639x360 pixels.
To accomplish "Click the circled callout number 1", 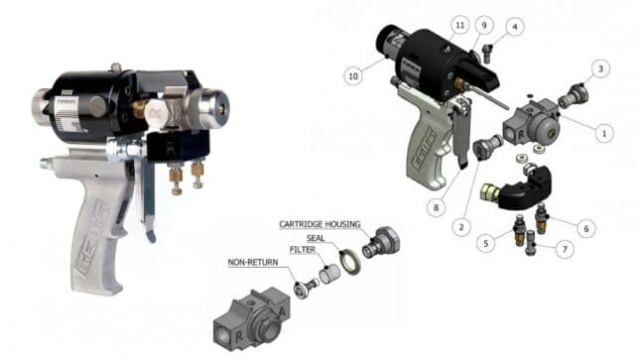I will tap(597, 129).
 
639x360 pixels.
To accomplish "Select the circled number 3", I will tap(601, 68).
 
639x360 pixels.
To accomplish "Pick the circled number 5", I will tap(486, 243).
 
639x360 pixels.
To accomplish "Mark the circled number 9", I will tap(485, 25).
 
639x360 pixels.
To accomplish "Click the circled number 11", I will tap(458, 22).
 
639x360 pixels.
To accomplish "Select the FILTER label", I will tap(304, 250).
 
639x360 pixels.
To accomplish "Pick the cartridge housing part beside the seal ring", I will tap(381, 243).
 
